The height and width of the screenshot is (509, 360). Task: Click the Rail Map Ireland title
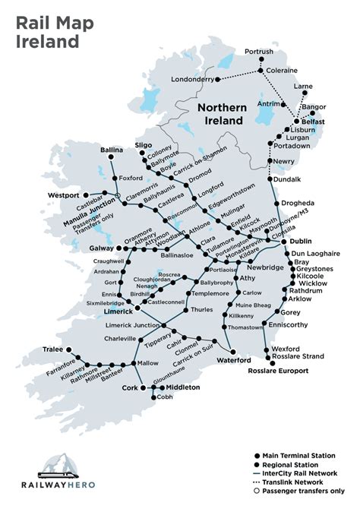(55, 31)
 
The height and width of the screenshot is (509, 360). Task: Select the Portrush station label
(259, 52)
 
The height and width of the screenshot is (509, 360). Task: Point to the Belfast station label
(311, 122)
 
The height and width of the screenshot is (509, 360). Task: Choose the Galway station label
(101, 248)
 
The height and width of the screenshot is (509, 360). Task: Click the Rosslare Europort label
(279, 371)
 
